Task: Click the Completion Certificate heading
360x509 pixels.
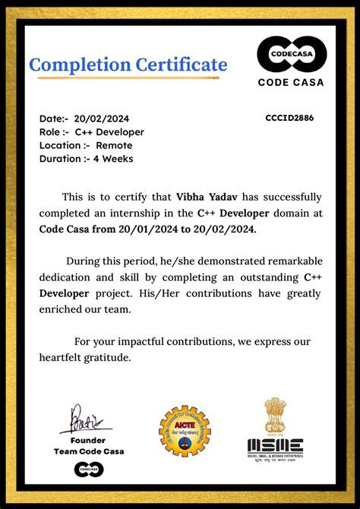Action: click(x=128, y=65)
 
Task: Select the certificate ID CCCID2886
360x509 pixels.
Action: click(x=289, y=118)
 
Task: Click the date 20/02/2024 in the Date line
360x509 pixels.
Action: click(x=102, y=119)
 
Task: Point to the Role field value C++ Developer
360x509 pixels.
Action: click(x=109, y=132)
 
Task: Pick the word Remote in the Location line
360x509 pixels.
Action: click(x=114, y=145)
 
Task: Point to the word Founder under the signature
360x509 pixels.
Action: click(x=88, y=441)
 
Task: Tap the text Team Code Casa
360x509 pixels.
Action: click(x=89, y=452)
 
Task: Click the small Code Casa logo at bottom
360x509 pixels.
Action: click(x=88, y=470)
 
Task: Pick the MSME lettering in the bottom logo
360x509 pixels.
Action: click(x=275, y=447)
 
